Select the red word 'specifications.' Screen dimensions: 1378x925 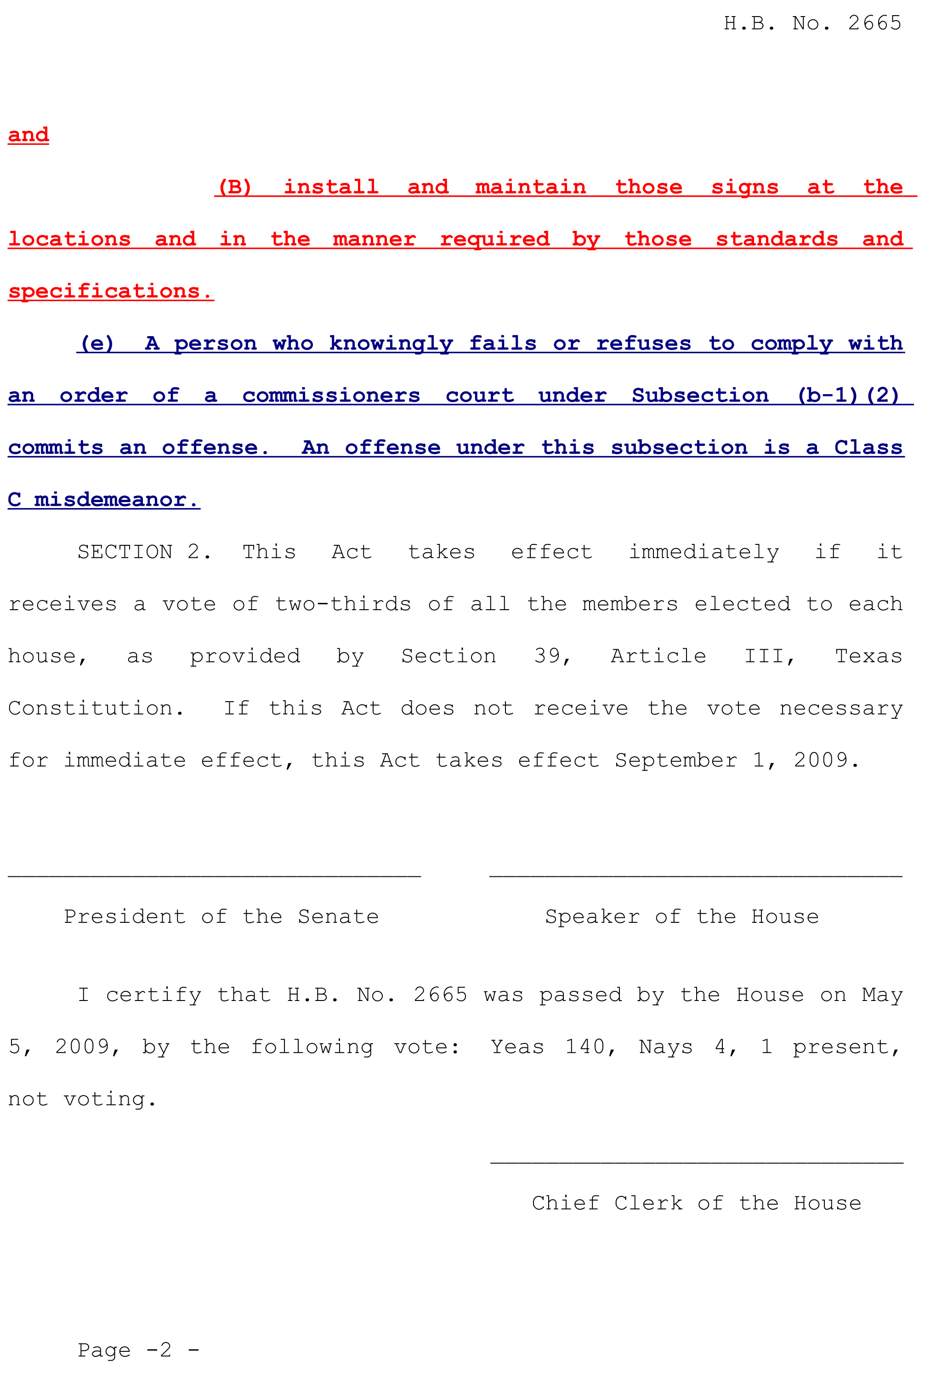(x=110, y=291)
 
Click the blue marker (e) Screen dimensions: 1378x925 (x=97, y=343)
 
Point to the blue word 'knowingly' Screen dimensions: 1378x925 (x=391, y=343)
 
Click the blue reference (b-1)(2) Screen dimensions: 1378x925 (x=848, y=395)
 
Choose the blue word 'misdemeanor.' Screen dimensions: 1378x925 (x=116, y=499)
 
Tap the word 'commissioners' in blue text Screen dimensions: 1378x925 (x=331, y=395)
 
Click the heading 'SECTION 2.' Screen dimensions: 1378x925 (x=144, y=552)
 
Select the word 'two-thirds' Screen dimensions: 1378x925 (x=343, y=604)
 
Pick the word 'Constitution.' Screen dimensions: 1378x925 (x=96, y=708)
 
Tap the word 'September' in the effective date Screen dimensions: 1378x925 (x=675, y=760)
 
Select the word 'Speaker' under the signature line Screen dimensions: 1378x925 (x=592, y=916)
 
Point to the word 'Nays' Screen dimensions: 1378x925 (x=665, y=1046)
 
